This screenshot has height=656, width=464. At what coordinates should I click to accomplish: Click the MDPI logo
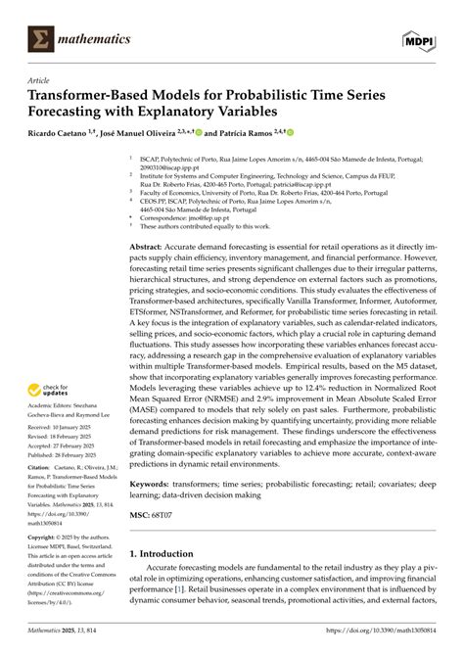pyautogui.click(x=418, y=38)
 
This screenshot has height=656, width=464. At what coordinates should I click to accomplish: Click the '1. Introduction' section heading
pyautogui.click(x=167, y=553)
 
